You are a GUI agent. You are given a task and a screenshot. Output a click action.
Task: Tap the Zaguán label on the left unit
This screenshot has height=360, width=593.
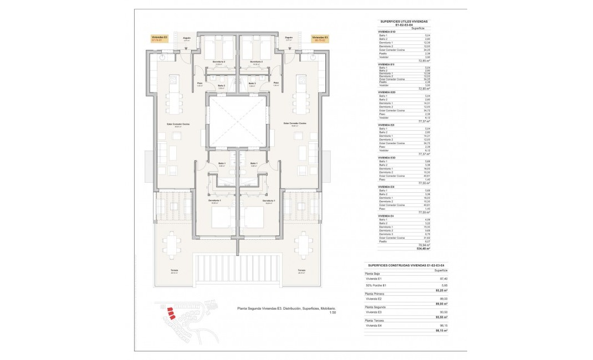(x=187, y=38)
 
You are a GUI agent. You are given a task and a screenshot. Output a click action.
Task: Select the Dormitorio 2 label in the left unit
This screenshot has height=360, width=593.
(x=218, y=61)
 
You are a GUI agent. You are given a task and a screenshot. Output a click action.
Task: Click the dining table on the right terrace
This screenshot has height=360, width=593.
(x=303, y=244)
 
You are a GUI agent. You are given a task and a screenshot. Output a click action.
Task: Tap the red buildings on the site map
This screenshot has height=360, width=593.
(x=170, y=313)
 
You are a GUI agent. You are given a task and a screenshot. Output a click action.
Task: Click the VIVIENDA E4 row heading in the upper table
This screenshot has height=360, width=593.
(x=386, y=215)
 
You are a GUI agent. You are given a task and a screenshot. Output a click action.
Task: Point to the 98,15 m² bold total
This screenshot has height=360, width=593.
(x=441, y=330)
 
